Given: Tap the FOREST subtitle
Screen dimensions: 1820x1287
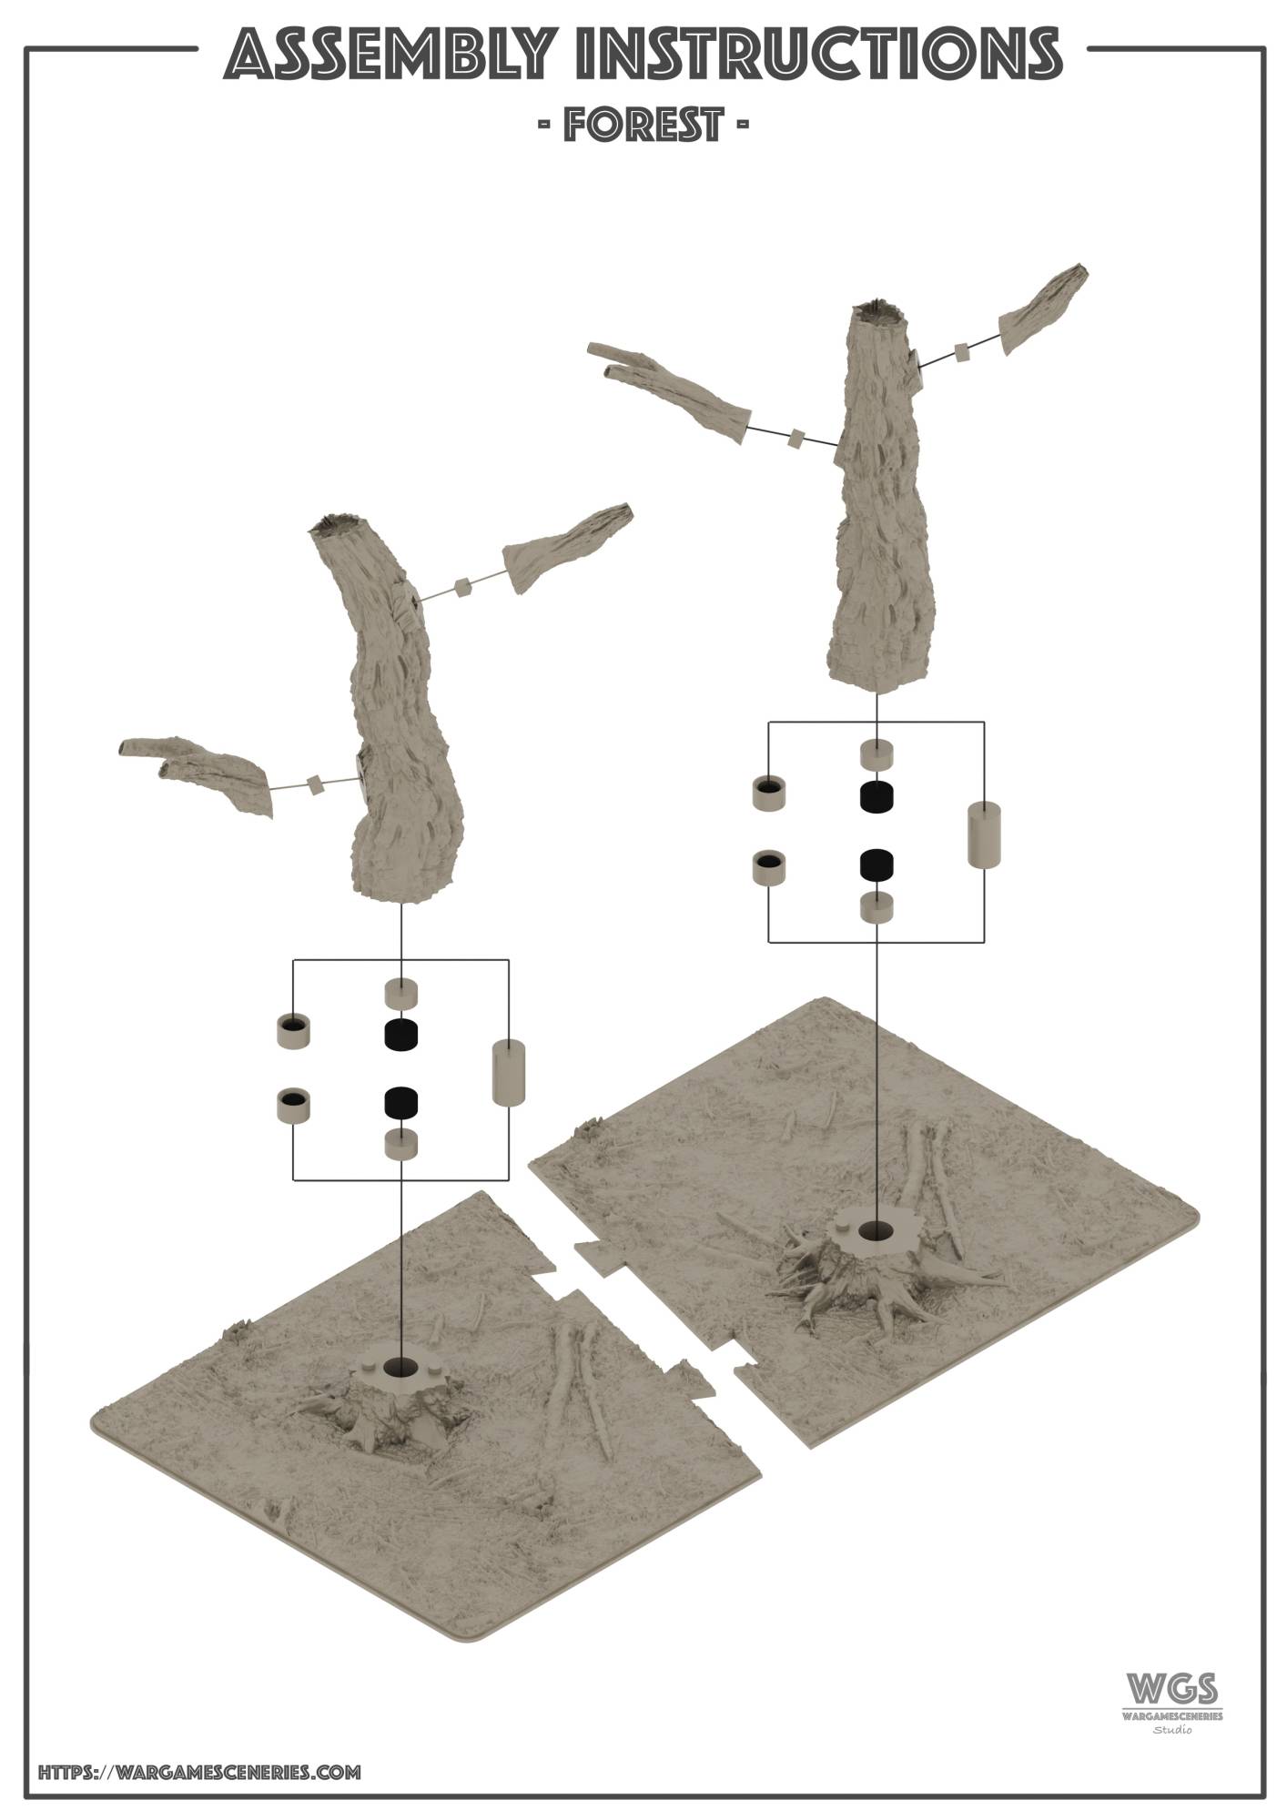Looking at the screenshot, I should [x=643, y=124].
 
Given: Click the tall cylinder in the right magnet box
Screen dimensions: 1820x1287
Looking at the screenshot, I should [x=983, y=834].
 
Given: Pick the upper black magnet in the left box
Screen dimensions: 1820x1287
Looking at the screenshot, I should [x=400, y=1034].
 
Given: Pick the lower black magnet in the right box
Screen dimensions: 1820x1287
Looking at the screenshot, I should [x=876, y=864].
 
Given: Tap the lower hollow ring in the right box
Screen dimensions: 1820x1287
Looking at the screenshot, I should [x=769, y=866].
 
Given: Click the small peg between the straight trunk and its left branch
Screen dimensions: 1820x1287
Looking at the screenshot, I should [x=796, y=439].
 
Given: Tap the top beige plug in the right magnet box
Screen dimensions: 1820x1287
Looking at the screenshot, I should [x=877, y=753].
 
